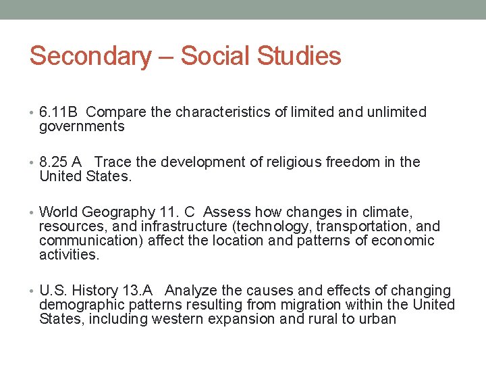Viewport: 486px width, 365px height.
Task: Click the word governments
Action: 82,127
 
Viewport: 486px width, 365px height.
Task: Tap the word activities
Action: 69,255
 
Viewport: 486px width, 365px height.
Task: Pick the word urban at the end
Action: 379,319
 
